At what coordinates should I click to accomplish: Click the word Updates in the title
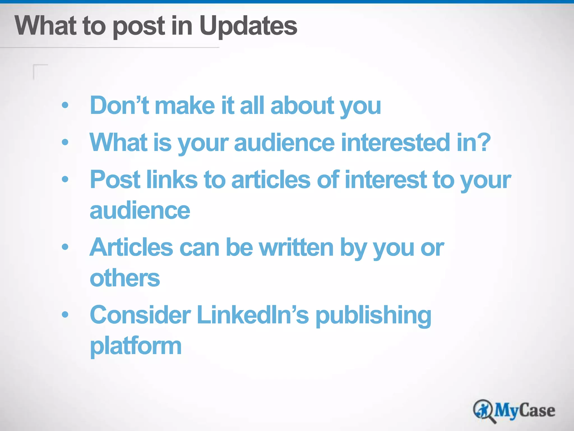(x=248, y=26)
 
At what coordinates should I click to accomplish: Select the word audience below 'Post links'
(x=140, y=210)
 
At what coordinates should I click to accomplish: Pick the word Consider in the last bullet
(x=140, y=315)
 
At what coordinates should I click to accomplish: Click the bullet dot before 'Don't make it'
(x=65, y=106)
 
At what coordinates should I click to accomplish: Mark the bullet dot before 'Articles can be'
(x=65, y=247)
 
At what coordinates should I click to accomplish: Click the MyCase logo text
(x=524, y=411)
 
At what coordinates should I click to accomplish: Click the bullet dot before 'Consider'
(x=65, y=315)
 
